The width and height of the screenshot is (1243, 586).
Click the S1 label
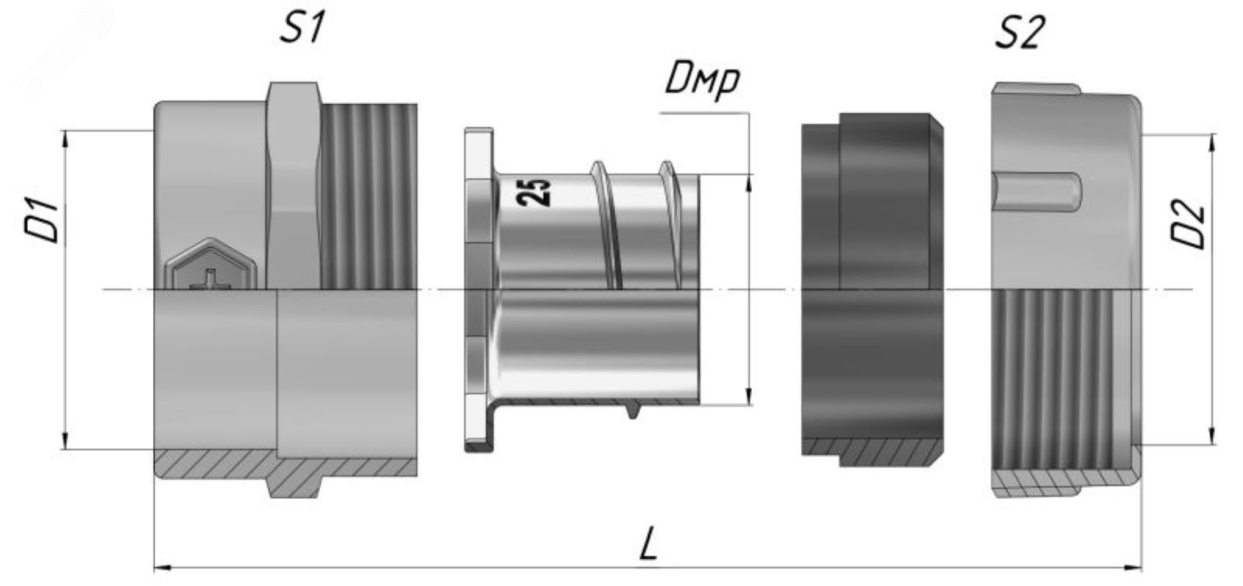301,28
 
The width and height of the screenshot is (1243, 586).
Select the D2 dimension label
1188,225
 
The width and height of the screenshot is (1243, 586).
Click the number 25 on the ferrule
534,192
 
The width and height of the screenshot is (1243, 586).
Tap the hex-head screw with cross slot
211,264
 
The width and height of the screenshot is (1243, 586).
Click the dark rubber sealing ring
873,289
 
